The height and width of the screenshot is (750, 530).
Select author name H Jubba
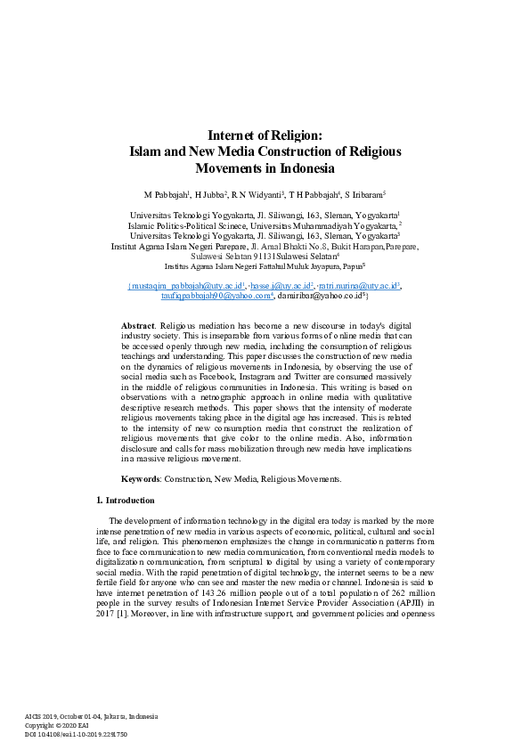coord(211,193)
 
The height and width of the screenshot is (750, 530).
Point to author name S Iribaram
coord(363,193)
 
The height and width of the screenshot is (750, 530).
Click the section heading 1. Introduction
coord(125,501)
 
